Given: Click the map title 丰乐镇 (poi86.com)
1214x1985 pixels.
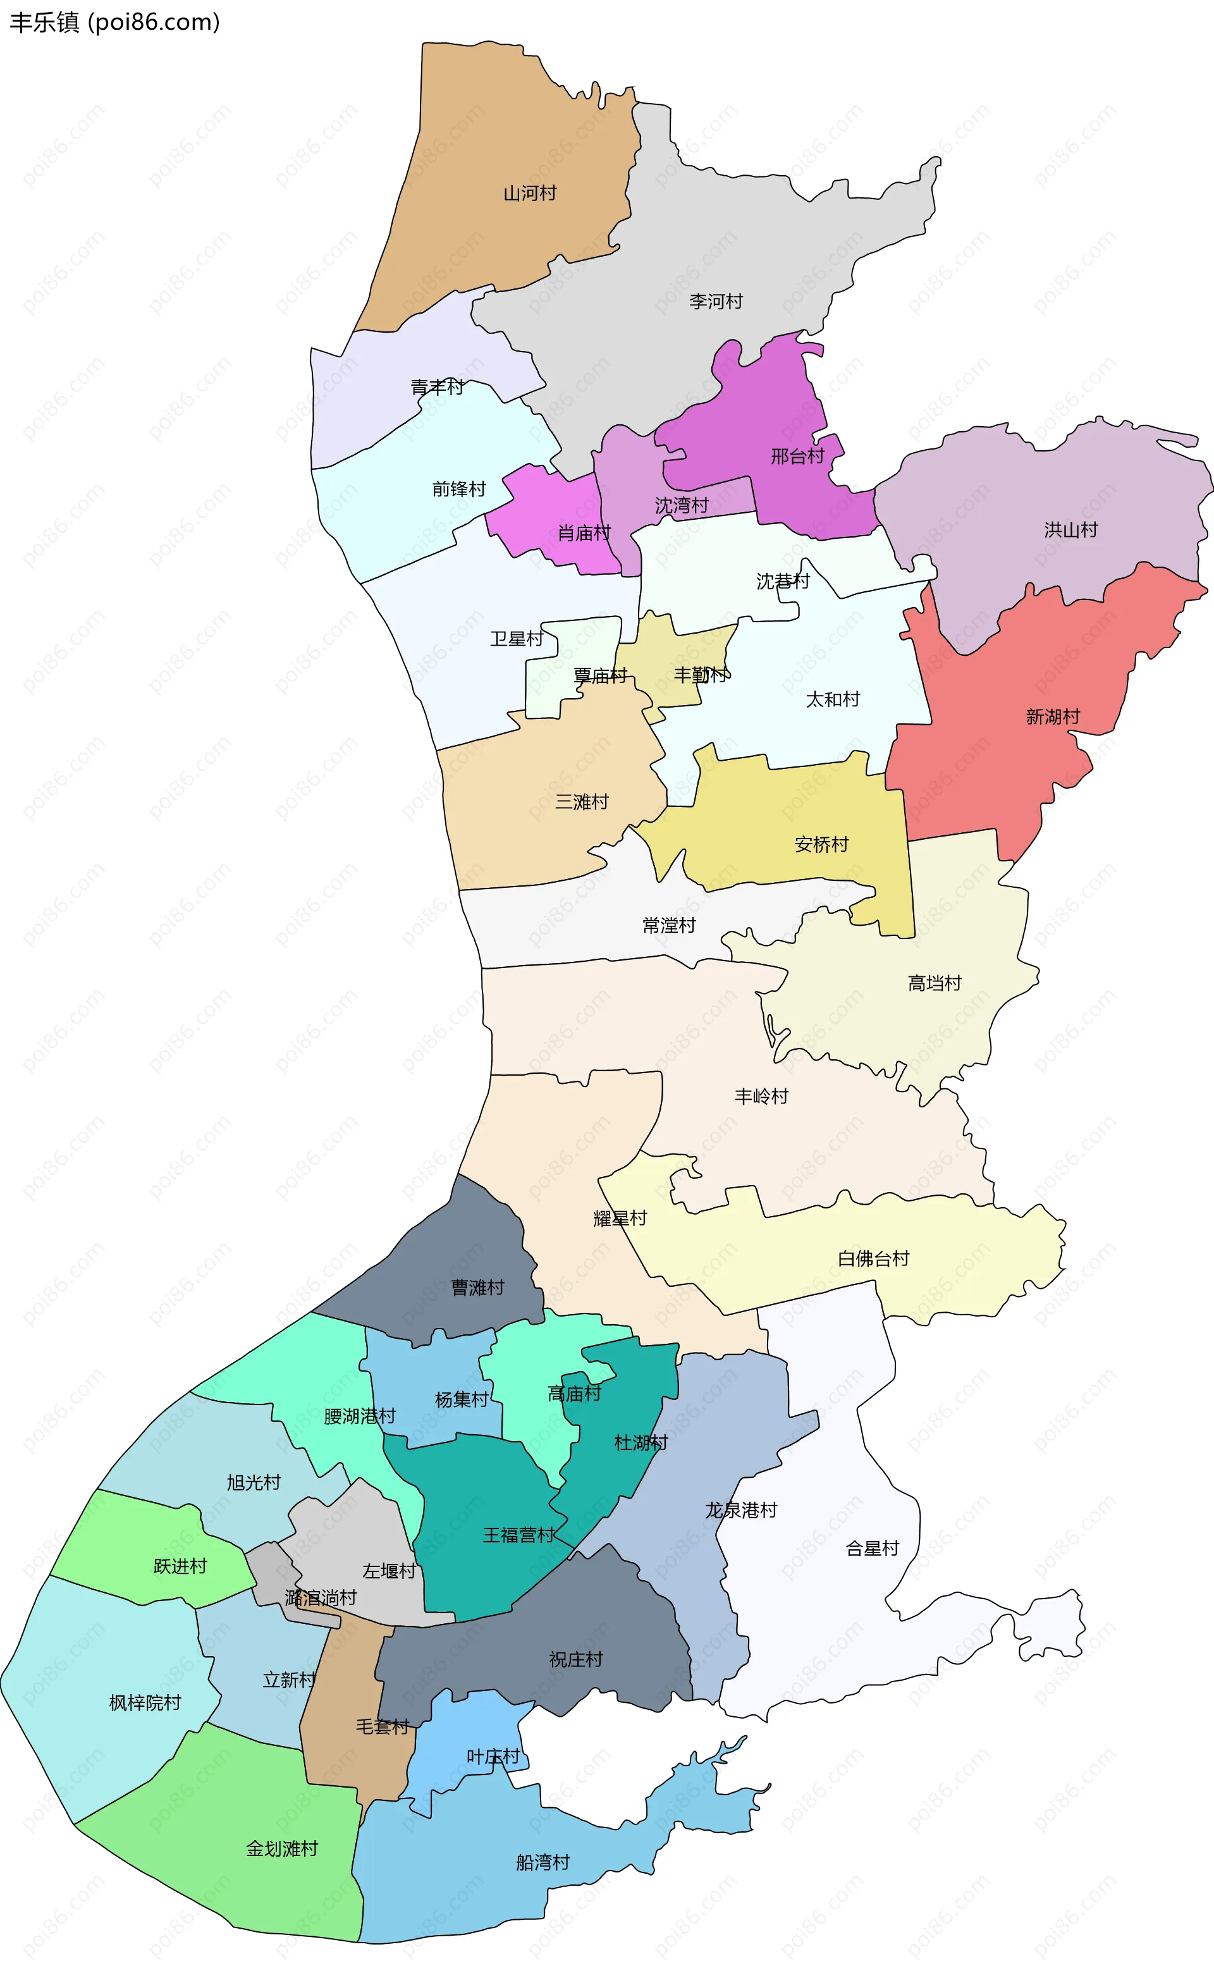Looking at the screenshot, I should (114, 22).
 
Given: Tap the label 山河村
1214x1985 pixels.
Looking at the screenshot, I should (529, 194).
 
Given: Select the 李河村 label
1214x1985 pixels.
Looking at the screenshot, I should (715, 301).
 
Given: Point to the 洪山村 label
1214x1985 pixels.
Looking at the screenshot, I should (1070, 530).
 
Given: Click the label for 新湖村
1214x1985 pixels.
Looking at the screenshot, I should (1052, 716).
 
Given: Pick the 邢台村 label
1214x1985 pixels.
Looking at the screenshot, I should (797, 457).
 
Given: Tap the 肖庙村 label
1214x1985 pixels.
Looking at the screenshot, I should (584, 533).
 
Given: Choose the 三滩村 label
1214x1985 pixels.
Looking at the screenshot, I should (582, 802).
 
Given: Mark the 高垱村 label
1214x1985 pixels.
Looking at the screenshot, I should (935, 983).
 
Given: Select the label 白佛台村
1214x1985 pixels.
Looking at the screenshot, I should (873, 1258).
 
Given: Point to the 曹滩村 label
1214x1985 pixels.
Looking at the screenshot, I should (478, 1287).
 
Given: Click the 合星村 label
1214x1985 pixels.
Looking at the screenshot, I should (872, 1549).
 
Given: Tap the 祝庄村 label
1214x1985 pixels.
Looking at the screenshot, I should (575, 1659).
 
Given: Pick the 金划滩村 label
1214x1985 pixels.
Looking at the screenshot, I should (282, 1849).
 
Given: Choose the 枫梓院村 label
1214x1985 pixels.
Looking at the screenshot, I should (145, 1702).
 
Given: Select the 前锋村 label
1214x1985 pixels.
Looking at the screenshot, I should (458, 489).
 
